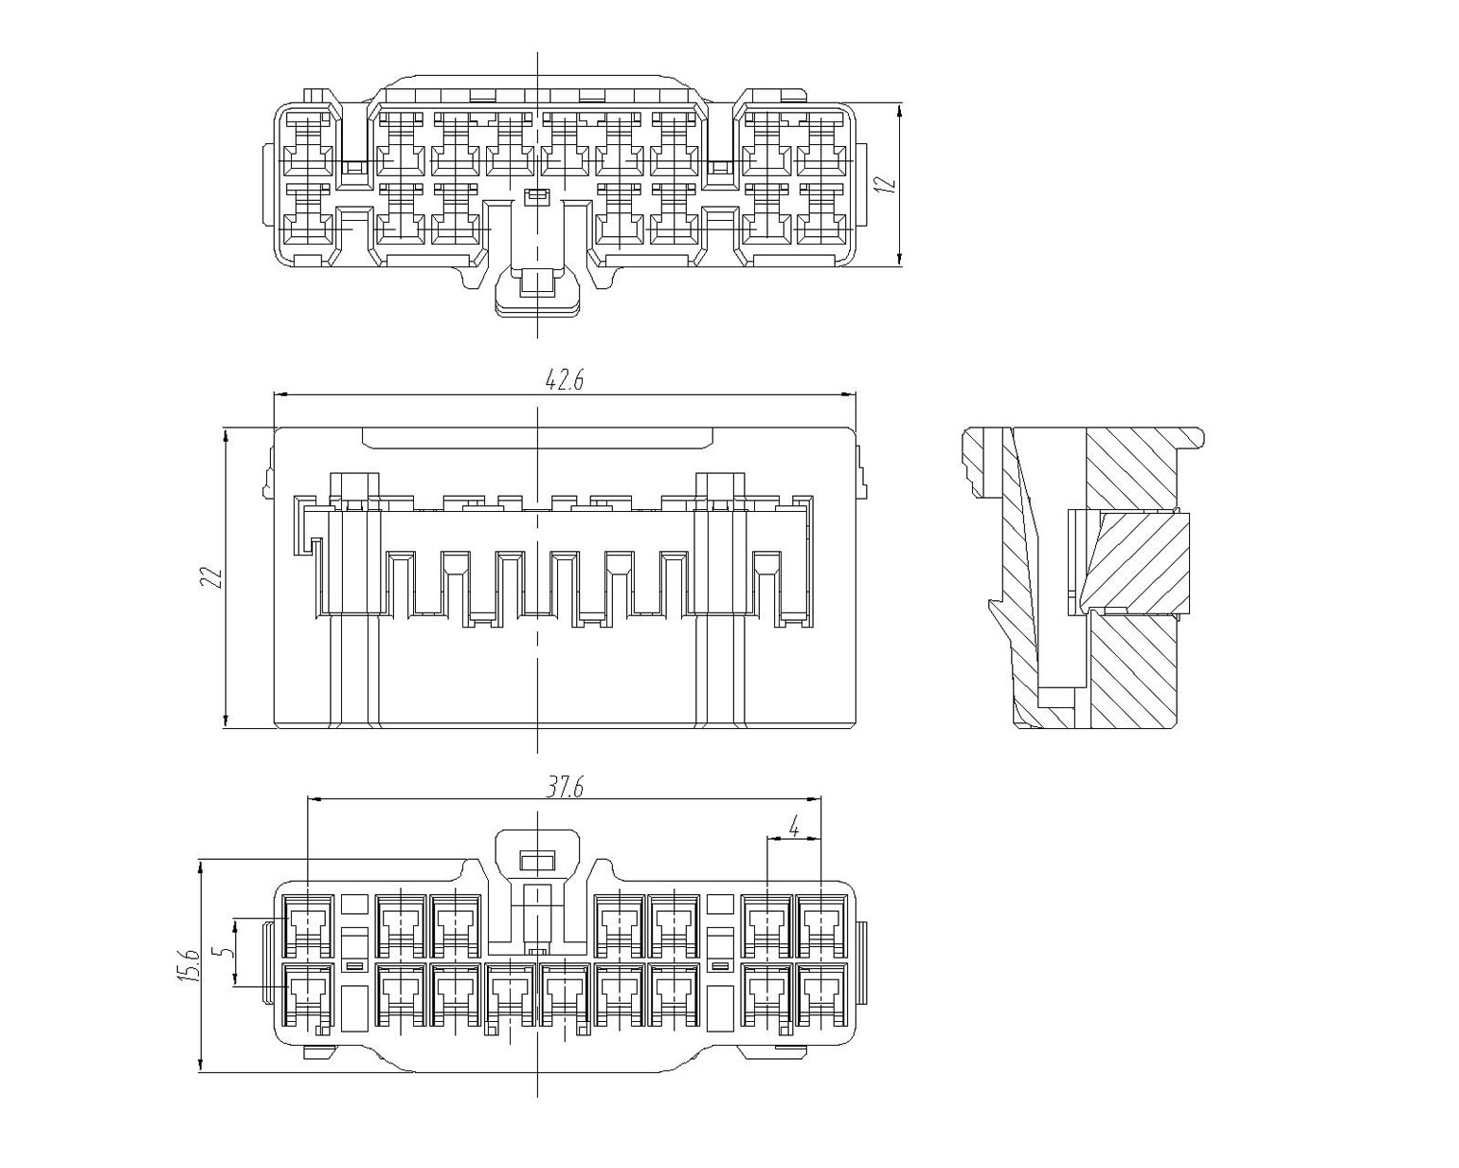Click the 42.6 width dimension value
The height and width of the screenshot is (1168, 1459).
click(x=564, y=380)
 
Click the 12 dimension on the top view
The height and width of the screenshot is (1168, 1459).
click(x=885, y=184)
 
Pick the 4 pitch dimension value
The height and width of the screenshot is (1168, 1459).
click(x=794, y=828)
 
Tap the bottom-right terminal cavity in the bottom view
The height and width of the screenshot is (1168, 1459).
click(x=820, y=997)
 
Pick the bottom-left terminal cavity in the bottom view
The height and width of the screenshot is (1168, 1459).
click(x=308, y=997)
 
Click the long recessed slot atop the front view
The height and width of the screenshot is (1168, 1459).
click(x=537, y=437)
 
